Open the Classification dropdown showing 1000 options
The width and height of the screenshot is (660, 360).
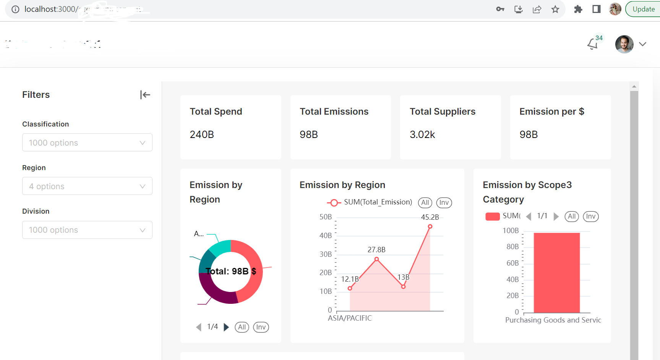point(87,143)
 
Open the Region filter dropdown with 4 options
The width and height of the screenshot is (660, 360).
point(87,186)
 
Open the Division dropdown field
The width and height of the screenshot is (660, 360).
point(87,230)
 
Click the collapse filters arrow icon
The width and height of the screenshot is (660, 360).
point(145,95)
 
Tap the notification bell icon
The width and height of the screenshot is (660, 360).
point(592,44)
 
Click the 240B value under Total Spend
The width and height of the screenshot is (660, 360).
point(202,135)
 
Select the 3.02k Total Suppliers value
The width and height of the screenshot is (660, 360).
point(422,135)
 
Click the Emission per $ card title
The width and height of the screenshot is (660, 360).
point(551,112)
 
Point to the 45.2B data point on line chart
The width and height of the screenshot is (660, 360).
point(430,227)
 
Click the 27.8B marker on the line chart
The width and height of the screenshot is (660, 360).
point(376,259)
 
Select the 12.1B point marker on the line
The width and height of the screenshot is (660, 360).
point(350,288)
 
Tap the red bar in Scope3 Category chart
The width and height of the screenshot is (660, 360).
point(556,272)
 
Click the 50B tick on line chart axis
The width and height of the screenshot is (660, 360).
point(326,217)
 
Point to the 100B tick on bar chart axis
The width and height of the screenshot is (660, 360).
point(511,231)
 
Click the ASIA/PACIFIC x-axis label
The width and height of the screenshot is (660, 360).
point(350,318)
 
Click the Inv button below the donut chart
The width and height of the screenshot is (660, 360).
point(261,327)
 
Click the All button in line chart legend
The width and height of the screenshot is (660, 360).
point(425,203)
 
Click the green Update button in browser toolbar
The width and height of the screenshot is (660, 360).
point(643,9)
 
